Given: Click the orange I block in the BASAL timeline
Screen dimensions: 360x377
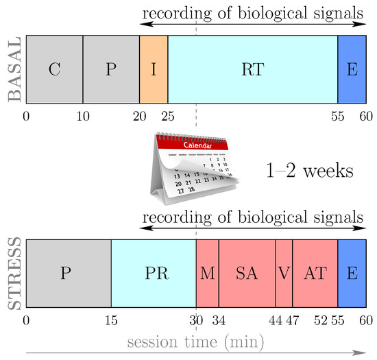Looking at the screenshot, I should click(154, 69).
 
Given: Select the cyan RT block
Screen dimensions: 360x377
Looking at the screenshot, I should click(252, 69).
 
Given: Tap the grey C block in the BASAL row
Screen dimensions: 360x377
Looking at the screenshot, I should click(54, 69).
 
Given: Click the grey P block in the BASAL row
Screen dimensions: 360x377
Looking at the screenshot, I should click(111, 69).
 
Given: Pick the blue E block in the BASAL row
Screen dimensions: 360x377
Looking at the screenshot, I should click(352, 69).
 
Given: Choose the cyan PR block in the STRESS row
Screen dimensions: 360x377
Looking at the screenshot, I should click(154, 273).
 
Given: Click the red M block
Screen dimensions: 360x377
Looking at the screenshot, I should click(207, 273).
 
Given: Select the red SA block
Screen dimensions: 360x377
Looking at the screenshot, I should click(247, 273).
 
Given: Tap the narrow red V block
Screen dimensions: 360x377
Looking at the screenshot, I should click(284, 273).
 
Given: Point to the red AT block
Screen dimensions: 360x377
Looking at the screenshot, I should click(315, 273).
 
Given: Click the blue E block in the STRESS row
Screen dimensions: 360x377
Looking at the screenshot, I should click(352, 273).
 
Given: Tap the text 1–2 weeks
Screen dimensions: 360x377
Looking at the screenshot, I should click(310, 170).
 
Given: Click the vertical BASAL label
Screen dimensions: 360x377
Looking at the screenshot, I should click(13, 69).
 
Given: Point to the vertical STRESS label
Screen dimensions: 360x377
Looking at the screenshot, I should click(13, 273).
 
